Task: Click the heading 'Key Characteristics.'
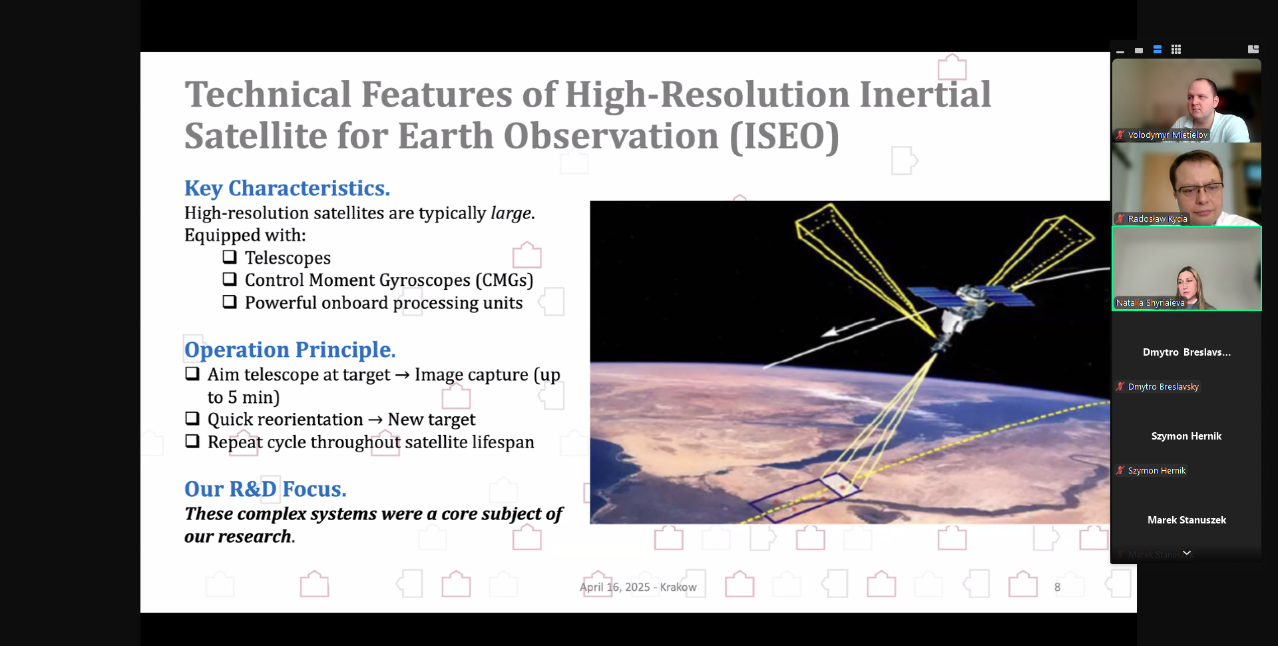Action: pos(287,188)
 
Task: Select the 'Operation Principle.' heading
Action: pos(290,350)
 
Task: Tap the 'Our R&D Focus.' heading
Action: pos(265,489)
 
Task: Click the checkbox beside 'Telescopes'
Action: pos(230,257)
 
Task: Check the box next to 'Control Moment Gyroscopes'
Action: pos(230,280)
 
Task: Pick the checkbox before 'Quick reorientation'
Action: pos(192,419)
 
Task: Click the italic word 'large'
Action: pos(511,213)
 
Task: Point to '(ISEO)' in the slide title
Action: pos(785,137)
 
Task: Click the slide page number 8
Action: pos(1057,587)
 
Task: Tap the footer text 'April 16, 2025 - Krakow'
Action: pos(638,587)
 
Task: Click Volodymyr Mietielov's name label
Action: pos(1168,135)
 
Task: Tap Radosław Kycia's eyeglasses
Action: pos(1199,189)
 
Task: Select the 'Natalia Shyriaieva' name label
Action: pos(1150,303)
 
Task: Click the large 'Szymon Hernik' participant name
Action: pos(1186,436)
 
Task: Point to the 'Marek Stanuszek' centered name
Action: pos(1187,520)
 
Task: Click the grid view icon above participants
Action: pos(1176,49)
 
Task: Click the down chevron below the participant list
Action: pos(1187,553)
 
